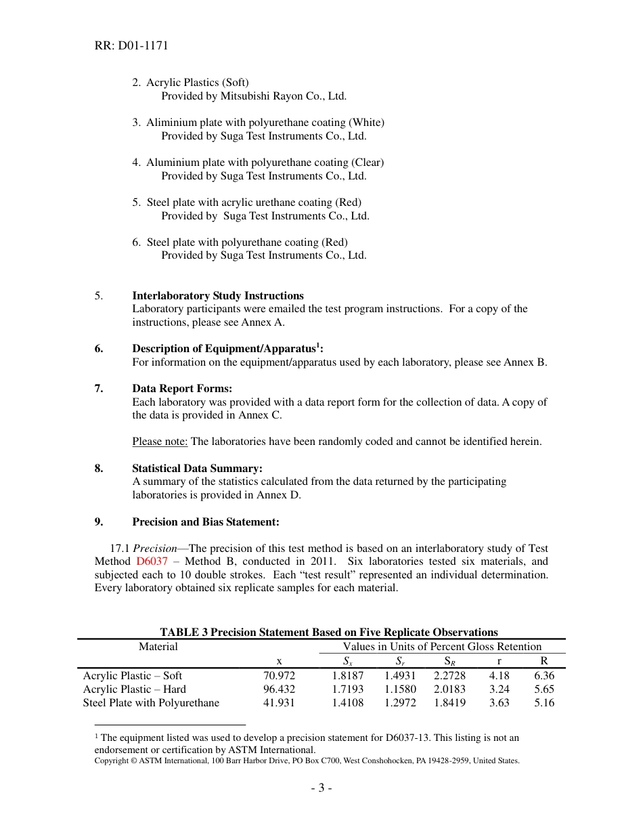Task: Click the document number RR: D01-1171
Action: click(131, 46)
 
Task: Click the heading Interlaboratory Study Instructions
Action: click(217, 296)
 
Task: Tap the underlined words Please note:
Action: click(160, 442)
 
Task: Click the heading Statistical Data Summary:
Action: click(197, 469)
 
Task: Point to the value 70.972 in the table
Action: click(279, 676)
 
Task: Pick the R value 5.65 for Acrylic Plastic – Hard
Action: click(544, 689)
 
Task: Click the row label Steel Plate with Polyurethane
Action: click(151, 703)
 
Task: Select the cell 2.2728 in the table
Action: click(449, 676)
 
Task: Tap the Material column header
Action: click(158, 647)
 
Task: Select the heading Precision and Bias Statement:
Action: click(205, 522)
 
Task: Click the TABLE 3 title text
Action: click(328, 633)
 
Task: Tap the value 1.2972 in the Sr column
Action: click(400, 703)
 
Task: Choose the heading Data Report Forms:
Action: click(181, 389)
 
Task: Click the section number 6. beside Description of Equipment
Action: click(99, 349)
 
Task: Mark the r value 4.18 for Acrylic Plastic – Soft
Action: click(499, 676)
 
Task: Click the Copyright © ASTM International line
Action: click(307, 761)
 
